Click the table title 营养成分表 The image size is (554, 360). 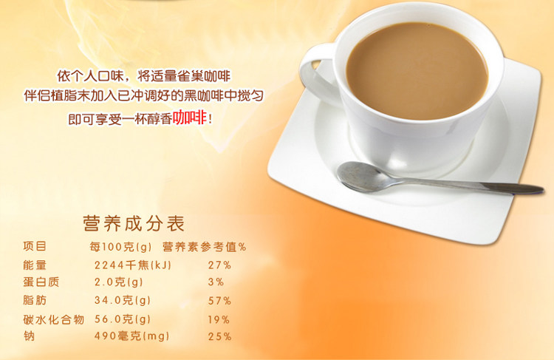pyautogui.click(x=134, y=223)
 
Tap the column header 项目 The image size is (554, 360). pyautogui.click(x=35, y=246)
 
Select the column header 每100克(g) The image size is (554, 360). pyautogui.click(x=120, y=247)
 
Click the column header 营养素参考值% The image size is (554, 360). pyautogui.click(x=204, y=247)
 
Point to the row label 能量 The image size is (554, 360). pyautogui.click(x=35, y=265)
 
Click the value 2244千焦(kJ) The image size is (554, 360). pyautogui.click(x=132, y=265)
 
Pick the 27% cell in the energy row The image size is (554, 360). pyautogui.click(x=219, y=265)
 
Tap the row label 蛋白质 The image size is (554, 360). pyautogui.click(x=41, y=282)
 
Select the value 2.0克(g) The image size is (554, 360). pyautogui.click(x=118, y=282)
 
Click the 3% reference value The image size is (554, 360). pyautogui.click(x=216, y=282)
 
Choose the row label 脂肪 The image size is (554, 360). pyautogui.click(x=35, y=300)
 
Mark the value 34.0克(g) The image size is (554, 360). pyautogui.click(x=122, y=301)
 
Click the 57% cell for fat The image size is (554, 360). pyautogui.click(x=219, y=301)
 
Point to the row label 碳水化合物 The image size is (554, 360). pyautogui.click(x=54, y=319)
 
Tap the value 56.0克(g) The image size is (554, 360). pyautogui.click(x=122, y=319)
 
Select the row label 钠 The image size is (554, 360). pyautogui.click(x=29, y=336)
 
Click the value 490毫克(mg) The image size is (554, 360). pyautogui.click(x=131, y=336)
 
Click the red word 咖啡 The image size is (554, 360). pyautogui.click(x=189, y=118)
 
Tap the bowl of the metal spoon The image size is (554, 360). pyautogui.click(x=361, y=177)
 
